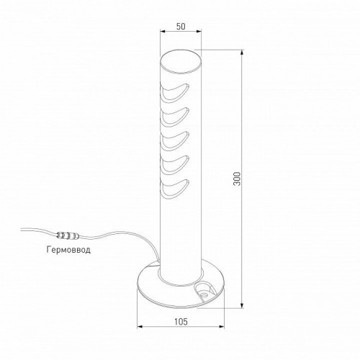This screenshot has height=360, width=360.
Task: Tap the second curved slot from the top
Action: coord(175,114)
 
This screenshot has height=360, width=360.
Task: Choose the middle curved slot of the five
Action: coord(175,138)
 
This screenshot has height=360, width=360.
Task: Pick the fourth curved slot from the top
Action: coord(175,162)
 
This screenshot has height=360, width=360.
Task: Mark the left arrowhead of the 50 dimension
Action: coord(161,32)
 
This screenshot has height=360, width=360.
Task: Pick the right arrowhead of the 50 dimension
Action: coord(199,32)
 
